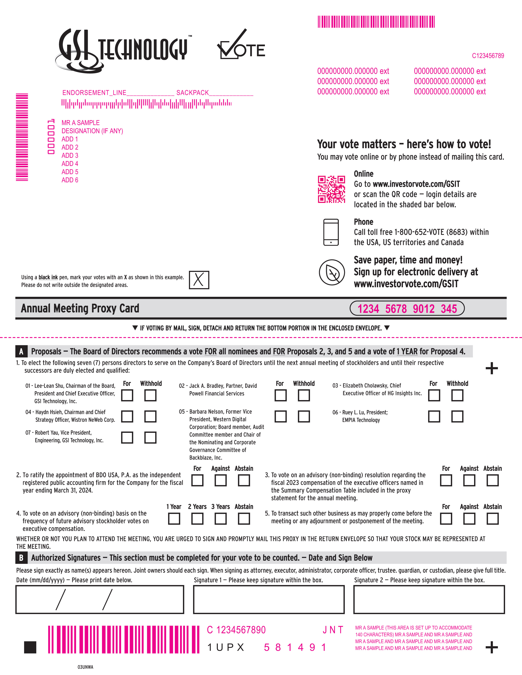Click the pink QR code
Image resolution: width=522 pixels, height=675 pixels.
pyautogui.click(x=331, y=189)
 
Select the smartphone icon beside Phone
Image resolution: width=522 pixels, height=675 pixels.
pyautogui.click(x=331, y=232)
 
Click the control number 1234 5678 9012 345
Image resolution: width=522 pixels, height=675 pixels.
pyautogui.click(x=407, y=308)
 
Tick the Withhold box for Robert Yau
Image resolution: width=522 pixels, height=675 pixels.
pyautogui.click(x=150, y=437)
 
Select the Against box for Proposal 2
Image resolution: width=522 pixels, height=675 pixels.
pyautogui.click(x=220, y=480)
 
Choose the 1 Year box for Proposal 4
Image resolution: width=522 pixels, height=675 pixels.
pyautogui.click(x=174, y=519)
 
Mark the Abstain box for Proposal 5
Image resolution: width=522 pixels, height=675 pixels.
pyautogui.click(x=492, y=519)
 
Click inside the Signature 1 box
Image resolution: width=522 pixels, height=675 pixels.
pyautogui.click(x=269, y=600)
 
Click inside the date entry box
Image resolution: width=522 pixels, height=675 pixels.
pyautogui.click(x=99, y=600)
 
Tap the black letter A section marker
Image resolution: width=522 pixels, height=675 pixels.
pyautogui.click(x=21, y=351)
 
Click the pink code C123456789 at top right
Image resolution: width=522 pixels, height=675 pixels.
pyautogui.click(x=488, y=56)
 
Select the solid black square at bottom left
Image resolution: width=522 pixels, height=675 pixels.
pyautogui.click(x=30, y=647)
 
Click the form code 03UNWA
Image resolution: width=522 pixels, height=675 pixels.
pyautogui.click(x=85, y=667)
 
